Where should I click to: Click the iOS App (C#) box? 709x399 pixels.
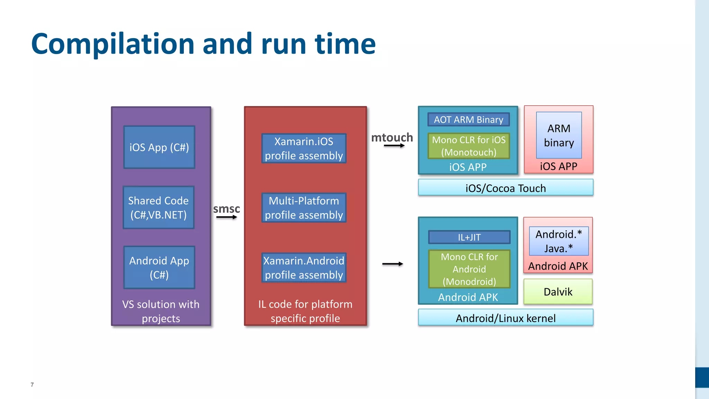tap(159, 147)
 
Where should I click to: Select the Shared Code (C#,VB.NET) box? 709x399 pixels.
tap(159, 207)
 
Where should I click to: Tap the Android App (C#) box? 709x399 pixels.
tap(159, 267)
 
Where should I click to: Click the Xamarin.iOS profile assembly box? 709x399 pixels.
tap(304, 148)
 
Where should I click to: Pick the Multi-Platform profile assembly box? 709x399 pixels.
tap(304, 207)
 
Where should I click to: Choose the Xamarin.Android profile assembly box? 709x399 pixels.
tap(304, 267)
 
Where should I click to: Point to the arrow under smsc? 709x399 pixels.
tap(227, 217)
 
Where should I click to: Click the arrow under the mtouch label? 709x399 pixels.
tap(394, 145)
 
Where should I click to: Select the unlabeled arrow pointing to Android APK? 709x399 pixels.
tap(393, 264)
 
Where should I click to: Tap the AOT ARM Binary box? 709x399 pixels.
tap(469, 119)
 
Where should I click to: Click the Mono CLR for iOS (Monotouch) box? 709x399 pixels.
tap(469, 146)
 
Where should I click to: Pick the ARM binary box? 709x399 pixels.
tap(559, 135)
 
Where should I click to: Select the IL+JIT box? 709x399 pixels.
tap(469, 237)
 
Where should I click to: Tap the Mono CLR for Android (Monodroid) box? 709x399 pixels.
tap(469, 269)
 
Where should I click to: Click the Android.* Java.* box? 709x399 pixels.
tap(559, 241)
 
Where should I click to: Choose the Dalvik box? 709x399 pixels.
tap(558, 292)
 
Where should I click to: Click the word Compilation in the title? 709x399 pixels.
tap(113, 44)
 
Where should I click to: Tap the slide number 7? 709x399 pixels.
tap(32, 384)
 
